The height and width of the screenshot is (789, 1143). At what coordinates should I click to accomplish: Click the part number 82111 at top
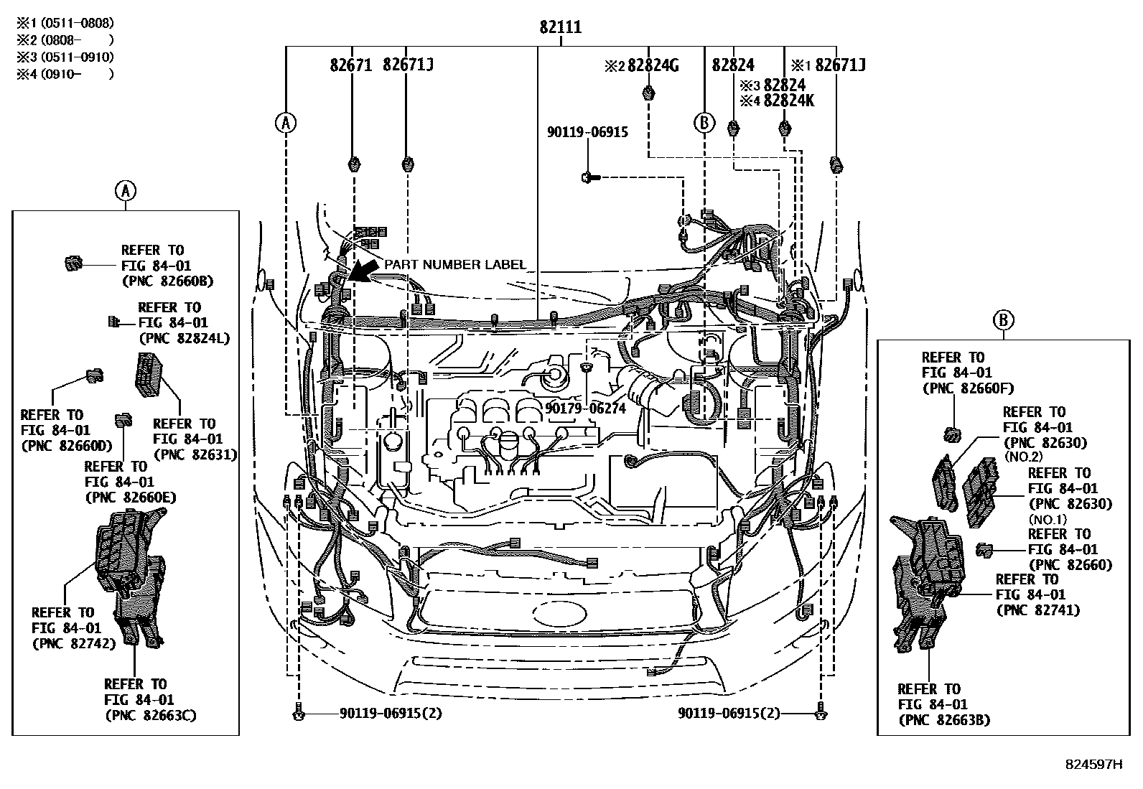(x=561, y=28)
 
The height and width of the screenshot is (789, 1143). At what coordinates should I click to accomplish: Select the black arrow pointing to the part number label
(x=365, y=271)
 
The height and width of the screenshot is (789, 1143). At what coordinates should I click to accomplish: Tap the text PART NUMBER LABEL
(x=454, y=265)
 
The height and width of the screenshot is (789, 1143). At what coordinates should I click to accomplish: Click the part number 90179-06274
(x=585, y=408)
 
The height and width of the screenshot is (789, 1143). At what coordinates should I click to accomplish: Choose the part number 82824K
(x=788, y=101)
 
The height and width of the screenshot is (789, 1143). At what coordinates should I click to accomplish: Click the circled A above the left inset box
(x=125, y=191)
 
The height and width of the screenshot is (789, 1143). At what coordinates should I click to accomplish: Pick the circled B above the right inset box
(x=1003, y=320)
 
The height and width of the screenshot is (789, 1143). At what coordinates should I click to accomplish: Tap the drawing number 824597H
(x=1093, y=765)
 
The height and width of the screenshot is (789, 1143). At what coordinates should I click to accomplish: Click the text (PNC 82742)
(x=73, y=643)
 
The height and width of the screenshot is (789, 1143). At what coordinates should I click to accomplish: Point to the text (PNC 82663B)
(x=943, y=720)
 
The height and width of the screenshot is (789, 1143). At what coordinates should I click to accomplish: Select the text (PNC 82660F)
(x=967, y=388)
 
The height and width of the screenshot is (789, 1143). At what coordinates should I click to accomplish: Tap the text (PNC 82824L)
(x=184, y=338)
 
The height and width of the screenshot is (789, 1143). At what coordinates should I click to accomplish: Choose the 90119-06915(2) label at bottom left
(x=391, y=714)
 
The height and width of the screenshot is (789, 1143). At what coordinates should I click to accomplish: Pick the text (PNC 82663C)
(x=150, y=715)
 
